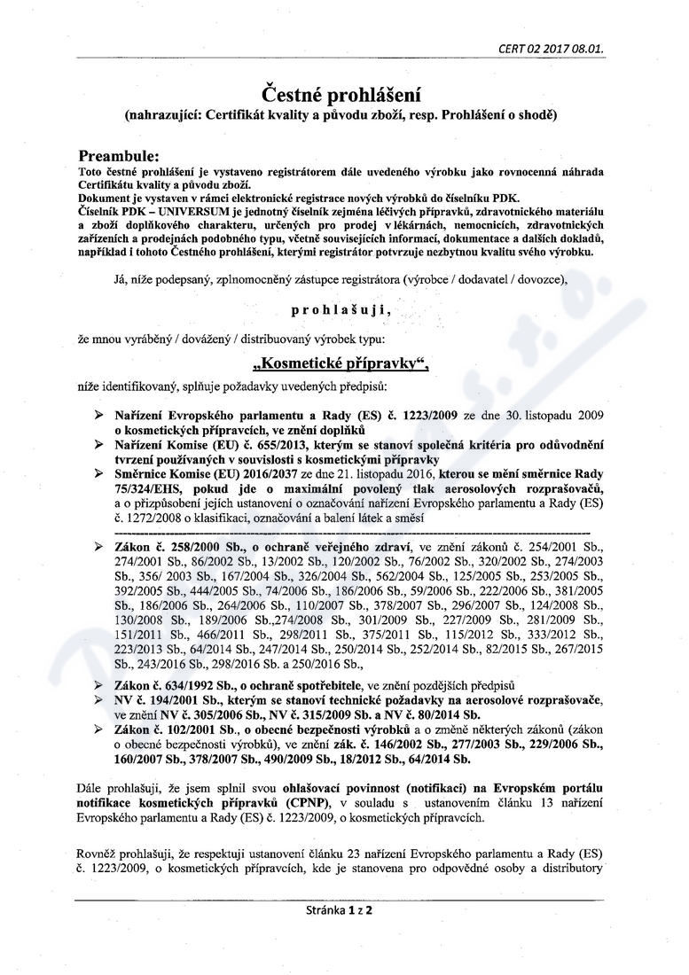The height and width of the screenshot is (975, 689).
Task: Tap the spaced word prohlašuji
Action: point(341,311)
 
